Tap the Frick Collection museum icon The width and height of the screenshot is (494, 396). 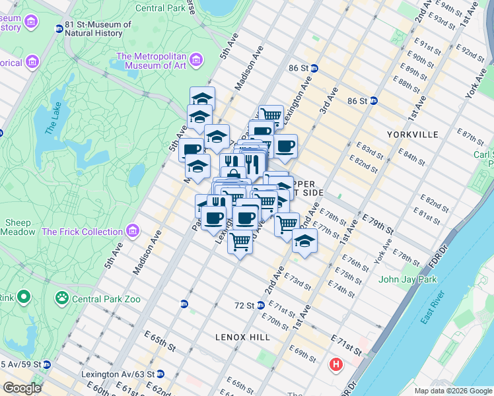pos(133,232)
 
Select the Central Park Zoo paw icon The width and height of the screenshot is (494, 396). pos(62,299)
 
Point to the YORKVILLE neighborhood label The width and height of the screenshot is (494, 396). pos(415,135)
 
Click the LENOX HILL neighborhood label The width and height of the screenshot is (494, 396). pos(242,337)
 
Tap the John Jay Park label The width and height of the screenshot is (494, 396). pos(408,280)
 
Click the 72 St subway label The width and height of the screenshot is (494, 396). pos(245,306)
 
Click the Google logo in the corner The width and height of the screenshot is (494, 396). pos(22,388)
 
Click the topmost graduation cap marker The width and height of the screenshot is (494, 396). pos(202,99)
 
